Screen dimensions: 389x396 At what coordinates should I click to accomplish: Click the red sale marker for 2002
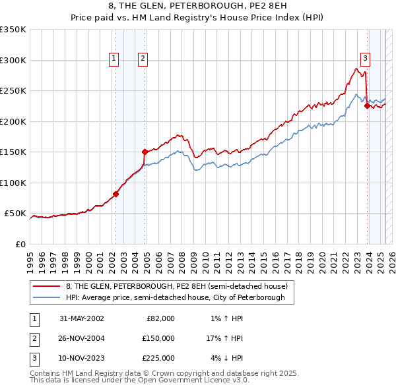click(115, 194)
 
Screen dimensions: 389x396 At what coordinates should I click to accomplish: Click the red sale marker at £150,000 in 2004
click(145, 152)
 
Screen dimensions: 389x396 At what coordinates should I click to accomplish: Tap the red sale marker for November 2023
click(366, 105)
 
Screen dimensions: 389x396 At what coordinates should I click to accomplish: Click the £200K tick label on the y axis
click(13, 121)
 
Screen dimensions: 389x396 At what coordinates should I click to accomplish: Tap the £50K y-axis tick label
click(15, 214)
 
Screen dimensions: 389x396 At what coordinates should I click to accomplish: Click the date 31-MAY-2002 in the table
click(82, 318)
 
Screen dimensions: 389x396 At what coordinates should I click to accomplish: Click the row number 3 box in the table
click(32, 358)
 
